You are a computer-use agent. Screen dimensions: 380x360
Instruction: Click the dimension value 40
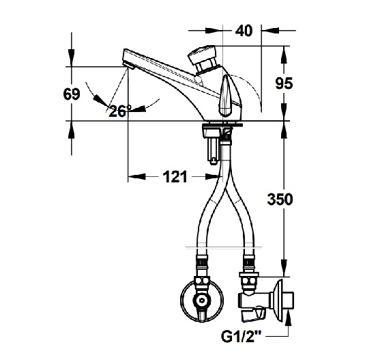click(x=244, y=31)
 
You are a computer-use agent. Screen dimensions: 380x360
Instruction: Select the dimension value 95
click(x=284, y=83)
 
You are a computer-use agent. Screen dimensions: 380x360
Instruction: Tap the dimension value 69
click(x=72, y=94)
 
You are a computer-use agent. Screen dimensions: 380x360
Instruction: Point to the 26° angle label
click(x=120, y=111)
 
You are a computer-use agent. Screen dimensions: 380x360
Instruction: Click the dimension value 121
click(x=175, y=177)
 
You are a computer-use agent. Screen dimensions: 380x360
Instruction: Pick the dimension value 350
click(x=280, y=199)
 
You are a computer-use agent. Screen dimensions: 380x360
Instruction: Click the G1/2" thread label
click(x=241, y=337)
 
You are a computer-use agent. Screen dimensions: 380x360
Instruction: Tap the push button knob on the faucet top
click(x=203, y=57)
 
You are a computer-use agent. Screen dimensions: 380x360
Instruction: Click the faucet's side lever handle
click(x=226, y=96)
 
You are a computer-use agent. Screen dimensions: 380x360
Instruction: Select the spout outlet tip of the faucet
click(x=128, y=65)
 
